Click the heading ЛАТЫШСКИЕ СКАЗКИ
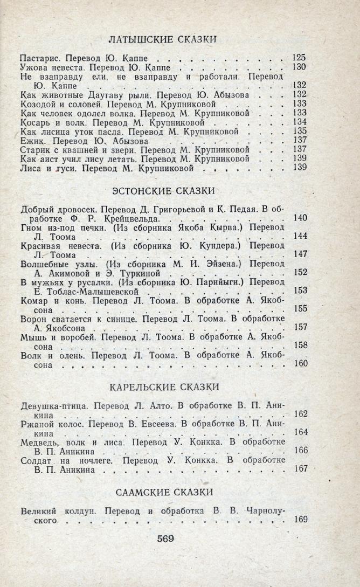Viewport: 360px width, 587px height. point(163,39)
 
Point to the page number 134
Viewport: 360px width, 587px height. point(299,122)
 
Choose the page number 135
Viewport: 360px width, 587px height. point(299,131)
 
